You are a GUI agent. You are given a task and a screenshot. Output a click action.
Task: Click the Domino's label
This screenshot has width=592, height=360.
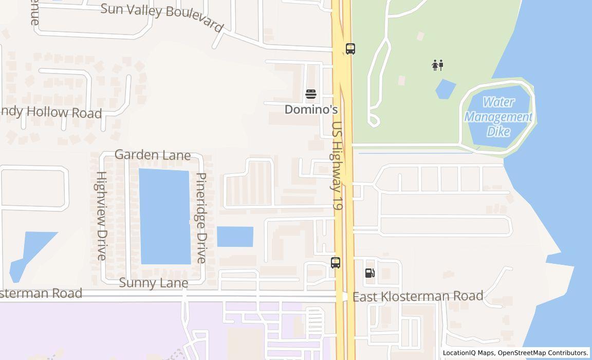311,110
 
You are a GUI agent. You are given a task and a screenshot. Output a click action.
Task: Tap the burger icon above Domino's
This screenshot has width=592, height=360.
311,94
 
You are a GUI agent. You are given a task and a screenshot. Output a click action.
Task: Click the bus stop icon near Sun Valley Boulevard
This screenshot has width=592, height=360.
350,49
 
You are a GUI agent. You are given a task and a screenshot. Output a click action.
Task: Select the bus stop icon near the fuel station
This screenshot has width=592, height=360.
336,263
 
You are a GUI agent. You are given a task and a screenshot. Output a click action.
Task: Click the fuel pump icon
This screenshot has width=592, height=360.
369,273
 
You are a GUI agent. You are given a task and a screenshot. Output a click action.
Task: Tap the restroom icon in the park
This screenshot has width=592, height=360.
438,65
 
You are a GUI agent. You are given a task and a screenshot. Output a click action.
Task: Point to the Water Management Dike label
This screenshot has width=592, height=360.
498,117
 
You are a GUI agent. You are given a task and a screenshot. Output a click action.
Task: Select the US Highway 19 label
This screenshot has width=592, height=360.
337,166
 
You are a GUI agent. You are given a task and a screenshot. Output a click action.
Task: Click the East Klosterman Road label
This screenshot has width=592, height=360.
425,296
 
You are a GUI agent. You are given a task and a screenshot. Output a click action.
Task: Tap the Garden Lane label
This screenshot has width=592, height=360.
152,155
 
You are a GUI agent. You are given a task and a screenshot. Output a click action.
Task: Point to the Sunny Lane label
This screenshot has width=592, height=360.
154,283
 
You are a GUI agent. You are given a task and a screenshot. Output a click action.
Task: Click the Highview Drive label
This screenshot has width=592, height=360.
101,215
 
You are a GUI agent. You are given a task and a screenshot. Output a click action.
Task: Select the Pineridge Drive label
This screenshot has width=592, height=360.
201,218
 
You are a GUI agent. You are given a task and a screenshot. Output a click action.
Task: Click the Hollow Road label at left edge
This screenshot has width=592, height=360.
51,112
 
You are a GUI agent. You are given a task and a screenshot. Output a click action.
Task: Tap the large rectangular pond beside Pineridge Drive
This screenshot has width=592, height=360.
164,216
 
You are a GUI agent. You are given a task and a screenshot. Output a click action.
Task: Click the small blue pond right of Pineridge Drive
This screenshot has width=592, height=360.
235,237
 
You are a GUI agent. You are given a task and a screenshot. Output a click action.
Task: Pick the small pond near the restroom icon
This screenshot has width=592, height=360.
445,89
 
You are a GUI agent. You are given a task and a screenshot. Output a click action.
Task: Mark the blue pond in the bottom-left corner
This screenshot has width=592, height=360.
31,252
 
